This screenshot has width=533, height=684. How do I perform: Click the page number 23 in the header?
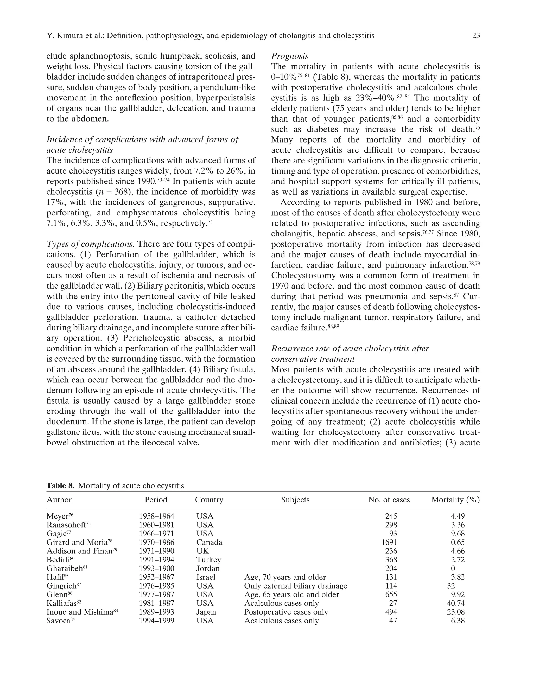click(476, 36)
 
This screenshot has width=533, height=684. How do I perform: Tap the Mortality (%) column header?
click(455, 500)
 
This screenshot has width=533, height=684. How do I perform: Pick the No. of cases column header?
click(389, 500)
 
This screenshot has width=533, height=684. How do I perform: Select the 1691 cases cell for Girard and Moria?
click(389, 542)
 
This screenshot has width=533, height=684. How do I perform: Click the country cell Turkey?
click(209, 560)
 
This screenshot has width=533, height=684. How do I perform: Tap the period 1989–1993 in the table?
click(156, 612)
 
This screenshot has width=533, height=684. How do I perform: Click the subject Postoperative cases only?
click(286, 612)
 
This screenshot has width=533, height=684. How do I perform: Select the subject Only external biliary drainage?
click(295, 586)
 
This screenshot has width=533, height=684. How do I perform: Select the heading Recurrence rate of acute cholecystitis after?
click(350, 349)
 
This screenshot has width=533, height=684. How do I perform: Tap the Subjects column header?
click(295, 500)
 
